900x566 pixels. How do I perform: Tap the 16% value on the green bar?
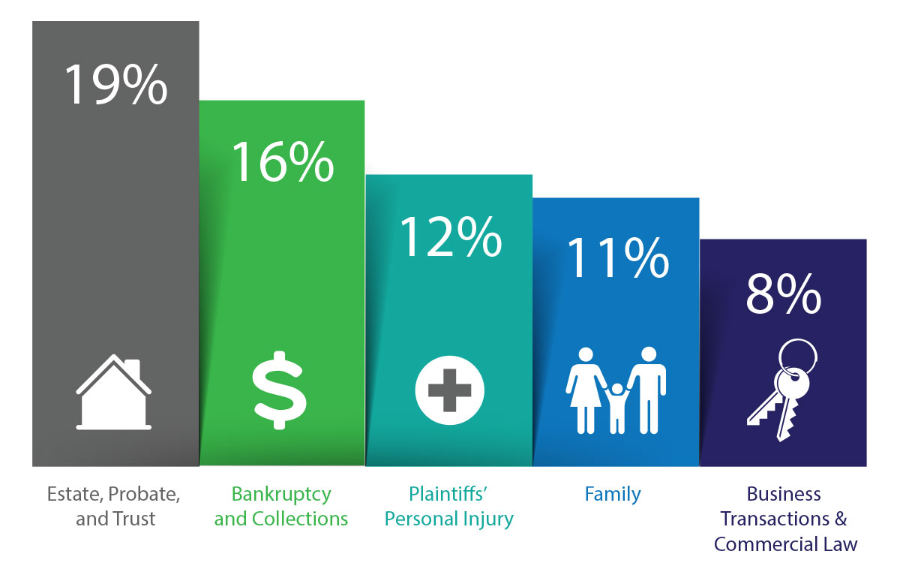pyautogui.click(x=282, y=161)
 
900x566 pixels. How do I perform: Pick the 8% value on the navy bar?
pyautogui.click(x=783, y=296)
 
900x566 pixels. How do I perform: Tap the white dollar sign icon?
pyautogui.click(x=279, y=390)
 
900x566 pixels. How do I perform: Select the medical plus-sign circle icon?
pyautogui.click(x=450, y=390)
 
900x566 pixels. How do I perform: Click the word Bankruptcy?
pyautogui.click(x=281, y=494)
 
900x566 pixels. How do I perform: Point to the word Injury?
pyautogui.click(x=485, y=519)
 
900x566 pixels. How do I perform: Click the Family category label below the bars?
pyautogui.click(x=613, y=494)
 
